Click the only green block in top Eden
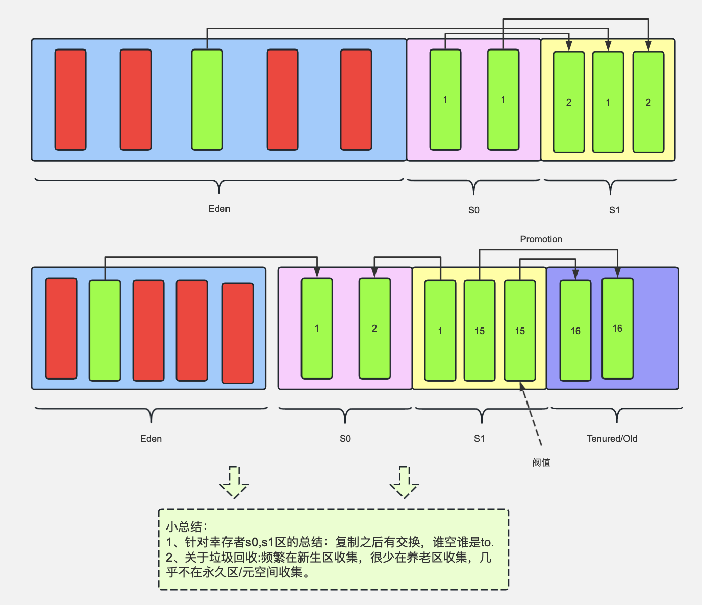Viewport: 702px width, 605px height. pyautogui.click(x=207, y=100)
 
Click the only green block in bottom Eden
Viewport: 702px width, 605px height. pyautogui.click(x=105, y=330)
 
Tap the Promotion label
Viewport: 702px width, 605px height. pyautogui.click(x=541, y=239)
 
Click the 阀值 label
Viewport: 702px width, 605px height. pyautogui.click(x=541, y=463)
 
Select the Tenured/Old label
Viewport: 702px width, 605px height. pyautogui.click(x=612, y=439)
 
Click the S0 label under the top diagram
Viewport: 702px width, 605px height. pyautogui.click(x=473, y=210)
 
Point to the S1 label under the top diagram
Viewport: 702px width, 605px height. pyautogui.click(x=614, y=210)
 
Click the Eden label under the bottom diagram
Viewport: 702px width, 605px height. pyautogui.click(x=151, y=439)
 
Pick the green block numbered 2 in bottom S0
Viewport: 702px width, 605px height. pyautogui.click(x=374, y=328)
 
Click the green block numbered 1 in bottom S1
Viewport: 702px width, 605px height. pyautogui.click(x=440, y=330)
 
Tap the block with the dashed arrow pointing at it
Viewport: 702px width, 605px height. pyautogui.click(x=520, y=330)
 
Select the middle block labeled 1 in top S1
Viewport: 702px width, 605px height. pyautogui.click(x=608, y=102)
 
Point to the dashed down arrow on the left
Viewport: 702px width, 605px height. pyautogui.click(x=234, y=482)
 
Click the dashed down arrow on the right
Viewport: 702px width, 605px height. pyautogui.click(x=405, y=482)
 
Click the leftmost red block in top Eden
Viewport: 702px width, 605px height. pyautogui.click(x=70, y=100)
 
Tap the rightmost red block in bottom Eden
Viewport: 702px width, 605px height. pyautogui.click(x=238, y=333)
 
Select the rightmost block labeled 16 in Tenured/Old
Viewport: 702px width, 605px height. pyautogui.click(x=617, y=328)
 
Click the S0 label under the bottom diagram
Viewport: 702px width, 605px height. pyautogui.click(x=345, y=439)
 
